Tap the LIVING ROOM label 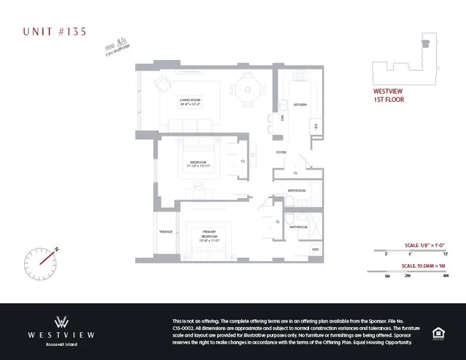[x=188, y=102]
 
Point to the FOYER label [x=281, y=152]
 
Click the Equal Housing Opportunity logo [x=438, y=332]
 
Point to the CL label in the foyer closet [x=295, y=172]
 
